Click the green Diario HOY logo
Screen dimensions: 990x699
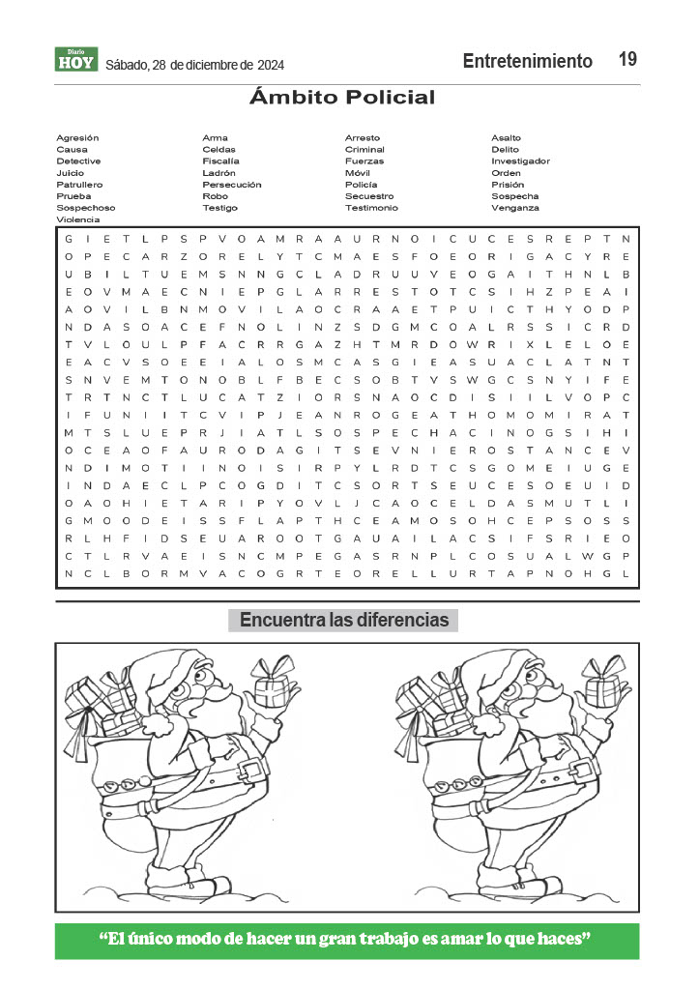[75, 60]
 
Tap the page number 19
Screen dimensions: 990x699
[627, 60]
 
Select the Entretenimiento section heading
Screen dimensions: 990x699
[527, 61]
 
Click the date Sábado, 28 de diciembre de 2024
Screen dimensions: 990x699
[193, 66]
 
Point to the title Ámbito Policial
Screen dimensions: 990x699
[342, 98]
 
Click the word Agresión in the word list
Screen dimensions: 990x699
[77, 138]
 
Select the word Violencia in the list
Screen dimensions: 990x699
[78, 219]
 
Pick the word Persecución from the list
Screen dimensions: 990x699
[231, 185]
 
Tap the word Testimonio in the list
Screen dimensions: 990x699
[371, 208]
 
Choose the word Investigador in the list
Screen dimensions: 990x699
[520, 161]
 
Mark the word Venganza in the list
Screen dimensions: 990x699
[515, 208]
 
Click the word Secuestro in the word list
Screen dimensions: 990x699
[369, 196]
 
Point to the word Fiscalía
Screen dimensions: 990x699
[220, 161]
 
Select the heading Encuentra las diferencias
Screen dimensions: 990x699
[343, 620]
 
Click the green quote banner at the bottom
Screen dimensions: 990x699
[347, 941]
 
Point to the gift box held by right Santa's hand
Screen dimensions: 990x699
[603, 688]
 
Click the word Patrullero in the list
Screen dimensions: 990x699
[79, 185]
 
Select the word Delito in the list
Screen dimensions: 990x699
[505, 150]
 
